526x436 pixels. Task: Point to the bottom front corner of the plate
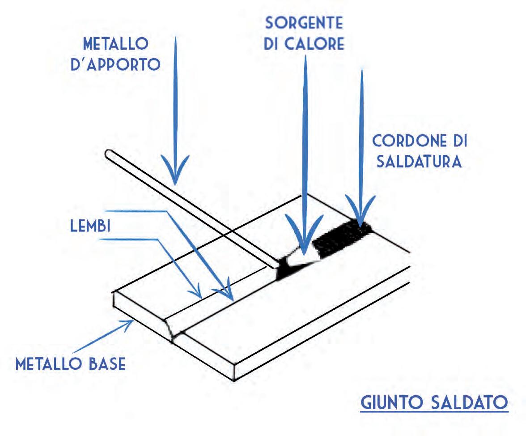tap(233, 380)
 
